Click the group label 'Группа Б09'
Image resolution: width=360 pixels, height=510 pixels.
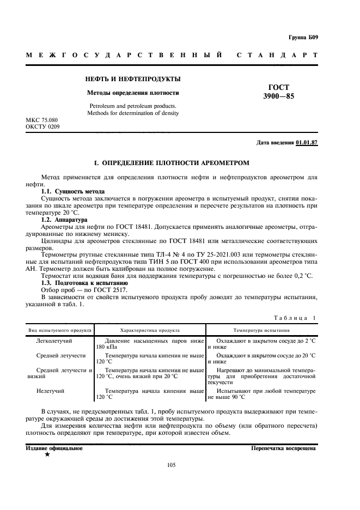click(x=303, y=38)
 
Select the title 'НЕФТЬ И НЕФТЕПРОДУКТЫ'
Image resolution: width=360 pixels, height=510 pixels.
click(x=133, y=79)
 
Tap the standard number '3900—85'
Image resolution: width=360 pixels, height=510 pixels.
click(x=278, y=96)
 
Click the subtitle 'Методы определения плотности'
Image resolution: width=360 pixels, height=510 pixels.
click(x=133, y=93)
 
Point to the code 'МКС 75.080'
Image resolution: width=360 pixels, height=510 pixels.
click(x=42, y=119)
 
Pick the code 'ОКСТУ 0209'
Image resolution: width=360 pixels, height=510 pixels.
click(x=42, y=126)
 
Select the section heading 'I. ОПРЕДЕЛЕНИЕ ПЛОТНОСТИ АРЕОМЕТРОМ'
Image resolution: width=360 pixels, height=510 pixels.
click(x=172, y=162)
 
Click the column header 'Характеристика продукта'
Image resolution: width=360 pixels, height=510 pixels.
click(x=150, y=330)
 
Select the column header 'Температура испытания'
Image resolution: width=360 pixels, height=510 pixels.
click(x=261, y=330)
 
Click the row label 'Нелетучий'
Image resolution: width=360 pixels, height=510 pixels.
click(x=51, y=391)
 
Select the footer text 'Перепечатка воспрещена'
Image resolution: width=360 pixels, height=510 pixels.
click(x=283, y=448)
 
